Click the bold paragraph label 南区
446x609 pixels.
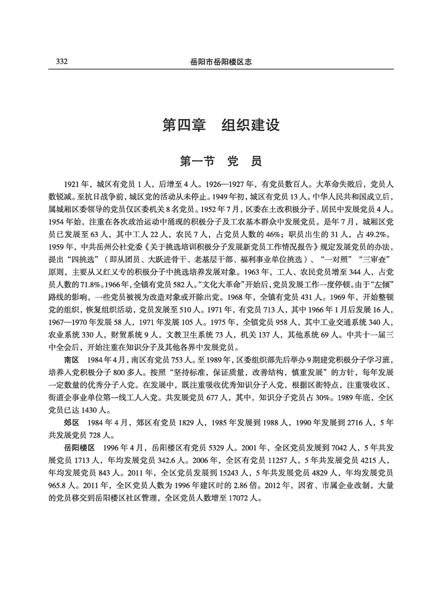coord(71,359)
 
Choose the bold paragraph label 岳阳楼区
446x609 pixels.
coord(80,446)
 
